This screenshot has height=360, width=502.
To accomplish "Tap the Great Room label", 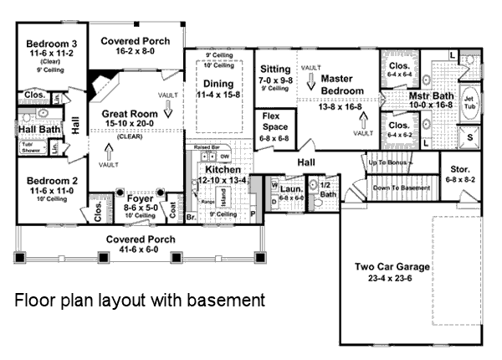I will (x=129, y=113).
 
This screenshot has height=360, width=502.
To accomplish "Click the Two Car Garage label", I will (x=392, y=267).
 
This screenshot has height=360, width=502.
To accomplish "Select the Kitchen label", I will (x=224, y=170).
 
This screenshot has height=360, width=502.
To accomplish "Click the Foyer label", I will (x=141, y=198).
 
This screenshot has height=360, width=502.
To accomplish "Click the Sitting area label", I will (x=274, y=69).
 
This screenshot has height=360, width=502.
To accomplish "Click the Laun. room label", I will (x=292, y=189).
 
